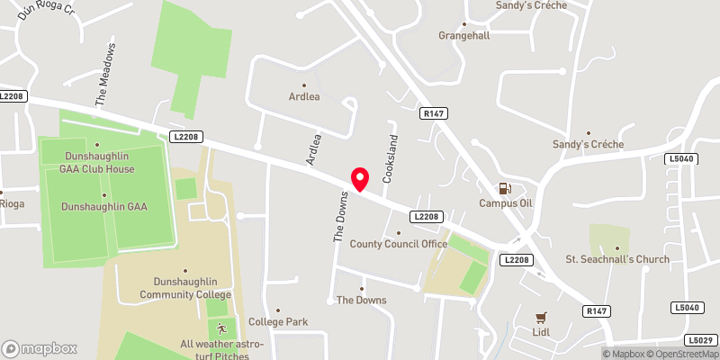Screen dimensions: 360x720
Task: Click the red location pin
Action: point(360,179)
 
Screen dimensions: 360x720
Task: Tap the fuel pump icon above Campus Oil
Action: point(505,189)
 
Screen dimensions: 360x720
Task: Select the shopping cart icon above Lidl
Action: point(541,317)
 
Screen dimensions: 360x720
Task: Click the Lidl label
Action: point(541,331)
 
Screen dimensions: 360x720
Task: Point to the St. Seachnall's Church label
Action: point(616,260)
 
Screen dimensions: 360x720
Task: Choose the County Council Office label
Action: point(398,244)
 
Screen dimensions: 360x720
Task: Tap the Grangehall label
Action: point(464,37)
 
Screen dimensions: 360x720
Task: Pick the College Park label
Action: point(278,321)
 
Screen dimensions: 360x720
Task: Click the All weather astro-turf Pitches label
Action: point(223,349)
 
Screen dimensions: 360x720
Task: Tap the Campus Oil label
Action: point(505,203)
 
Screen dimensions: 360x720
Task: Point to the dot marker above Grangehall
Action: point(464,24)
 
